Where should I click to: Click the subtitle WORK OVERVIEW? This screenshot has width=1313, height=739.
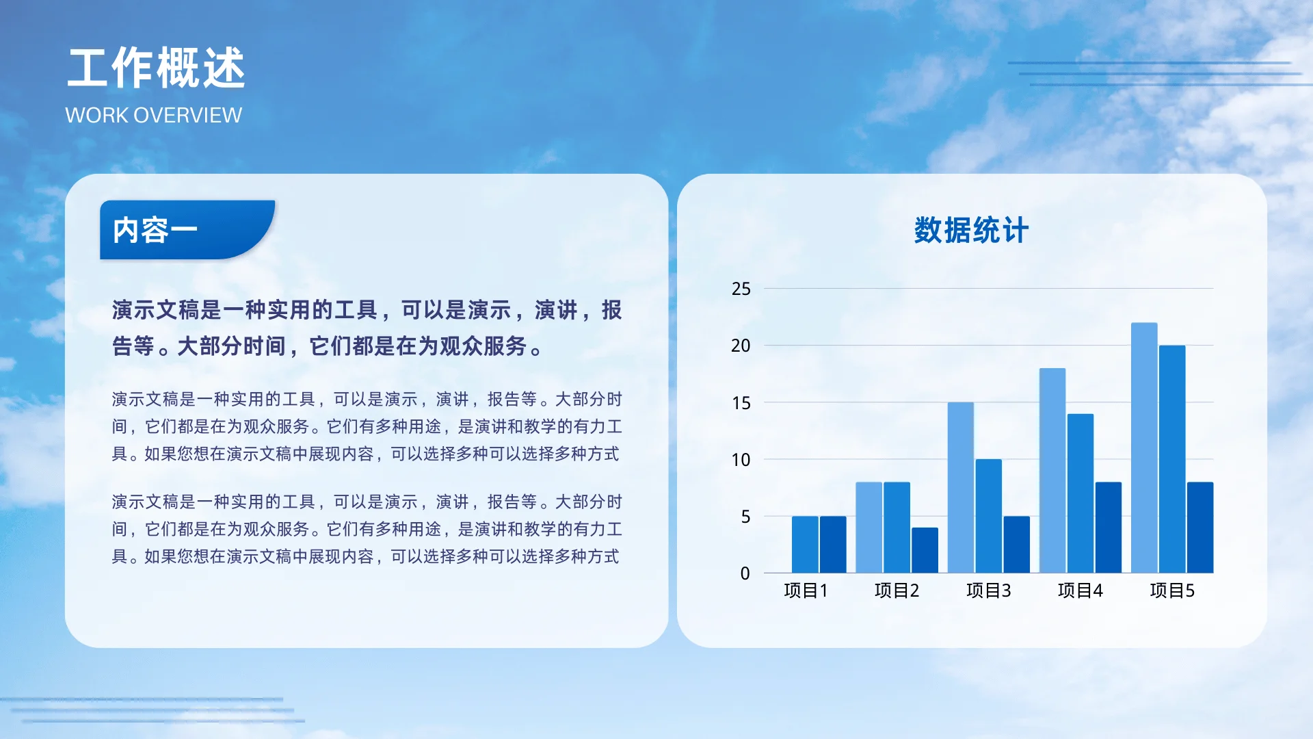(x=153, y=115)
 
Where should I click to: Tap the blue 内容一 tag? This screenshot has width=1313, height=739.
(x=155, y=231)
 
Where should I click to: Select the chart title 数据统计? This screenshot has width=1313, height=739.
(x=971, y=231)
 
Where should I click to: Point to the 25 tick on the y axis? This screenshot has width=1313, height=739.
(x=741, y=289)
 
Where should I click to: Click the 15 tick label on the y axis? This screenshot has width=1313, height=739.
(x=741, y=403)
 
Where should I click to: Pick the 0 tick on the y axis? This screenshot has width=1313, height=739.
(x=745, y=573)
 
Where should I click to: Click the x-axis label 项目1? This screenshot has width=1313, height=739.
(x=806, y=591)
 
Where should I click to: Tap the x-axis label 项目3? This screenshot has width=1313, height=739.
(x=988, y=591)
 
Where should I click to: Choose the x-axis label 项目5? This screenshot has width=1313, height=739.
(x=1172, y=591)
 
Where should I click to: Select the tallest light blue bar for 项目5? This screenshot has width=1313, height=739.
(x=1144, y=448)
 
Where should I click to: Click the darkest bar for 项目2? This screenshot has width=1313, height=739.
(x=925, y=550)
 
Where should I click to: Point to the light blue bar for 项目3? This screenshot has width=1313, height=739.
(x=960, y=487)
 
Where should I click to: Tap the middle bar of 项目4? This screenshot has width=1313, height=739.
(x=1080, y=493)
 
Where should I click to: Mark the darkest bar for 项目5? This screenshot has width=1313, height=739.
(x=1200, y=528)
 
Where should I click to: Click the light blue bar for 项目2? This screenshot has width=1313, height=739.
(x=868, y=528)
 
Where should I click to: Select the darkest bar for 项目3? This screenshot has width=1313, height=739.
(x=1016, y=545)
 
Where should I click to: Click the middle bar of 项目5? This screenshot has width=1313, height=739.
(x=1172, y=459)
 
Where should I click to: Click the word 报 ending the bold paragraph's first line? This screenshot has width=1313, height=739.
(x=611, y=310)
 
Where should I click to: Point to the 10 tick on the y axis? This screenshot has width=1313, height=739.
(x=741, y=460)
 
